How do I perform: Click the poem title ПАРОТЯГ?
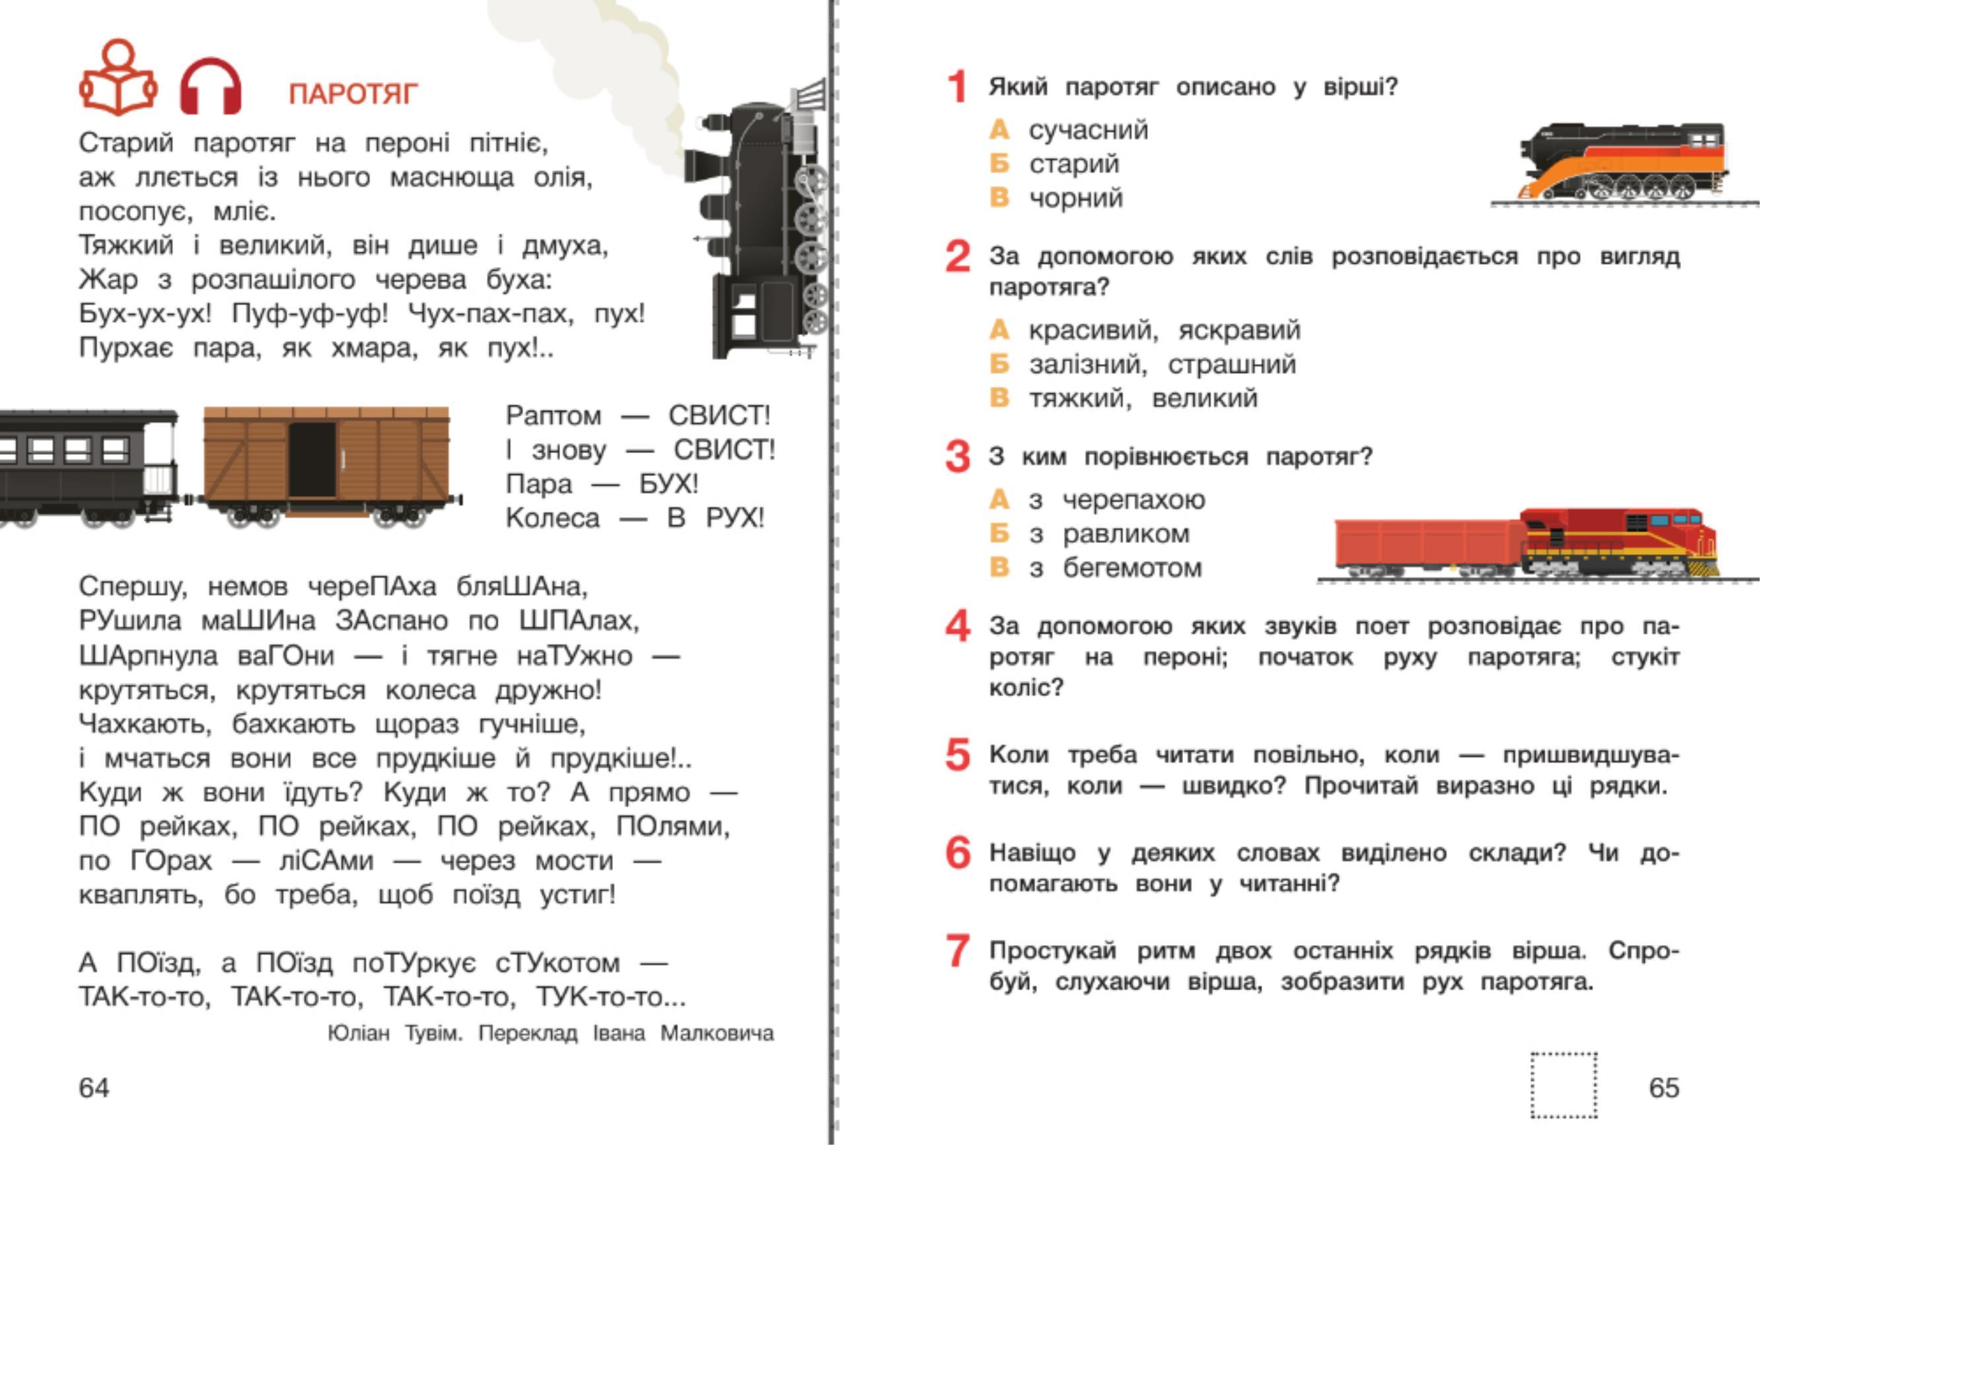pyautogui.click(x=353, y=93)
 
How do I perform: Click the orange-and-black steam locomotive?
pyautogui.click(x=1623, y=163)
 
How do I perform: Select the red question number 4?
pyautogui.click(x=957, y=626)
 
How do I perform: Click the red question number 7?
pyautogui.click(x=957, y=951)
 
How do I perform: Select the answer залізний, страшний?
pyautogui.click(x=1161, y=364)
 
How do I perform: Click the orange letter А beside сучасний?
pyautogui.click(x=999, y=130)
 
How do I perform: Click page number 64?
pyautogui.click(x=94, y=1087)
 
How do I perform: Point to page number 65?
pyautogui.click(x=1664, y=1087)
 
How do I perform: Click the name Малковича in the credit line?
pyautogui.click(x=717, y=1032)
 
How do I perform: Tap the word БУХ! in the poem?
pyautogui.click(x=668, y=484)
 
